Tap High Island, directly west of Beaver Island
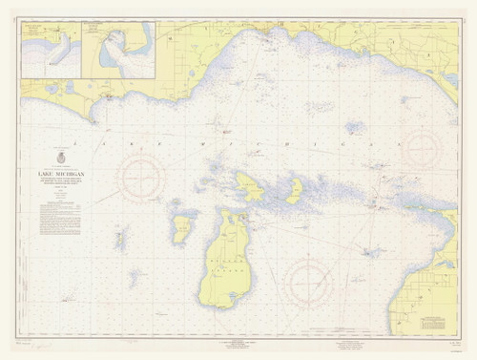tap(180, 228)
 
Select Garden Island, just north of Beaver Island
tap(250, 185)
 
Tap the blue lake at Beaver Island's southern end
tap(222, 286)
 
